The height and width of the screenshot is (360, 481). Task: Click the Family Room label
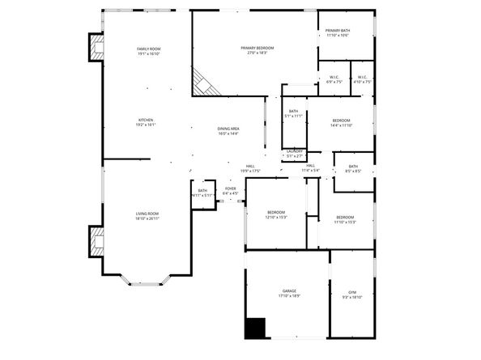[148, 52]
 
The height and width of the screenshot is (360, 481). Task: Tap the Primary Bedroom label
[257, 50]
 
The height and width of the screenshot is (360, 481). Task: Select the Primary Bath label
[338, 32]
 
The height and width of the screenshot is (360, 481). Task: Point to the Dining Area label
[228, 131]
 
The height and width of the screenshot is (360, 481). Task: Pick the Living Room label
[147, 215]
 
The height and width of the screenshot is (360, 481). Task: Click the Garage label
[289, 293]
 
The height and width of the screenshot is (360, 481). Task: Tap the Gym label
[352, 294]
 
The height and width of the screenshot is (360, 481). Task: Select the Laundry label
[295, 153]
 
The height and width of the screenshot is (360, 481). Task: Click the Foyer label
[230, 190]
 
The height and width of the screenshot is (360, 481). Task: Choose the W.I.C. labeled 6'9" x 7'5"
[335, 79]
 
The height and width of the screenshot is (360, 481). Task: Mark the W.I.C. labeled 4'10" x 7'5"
[363, 79]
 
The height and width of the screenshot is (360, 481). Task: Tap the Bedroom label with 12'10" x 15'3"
[277, 214]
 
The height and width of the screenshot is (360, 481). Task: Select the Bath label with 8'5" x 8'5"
[353, 168]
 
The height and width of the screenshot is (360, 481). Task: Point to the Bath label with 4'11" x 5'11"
[202, 193]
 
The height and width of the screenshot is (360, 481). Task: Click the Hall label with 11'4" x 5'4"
[311, 168]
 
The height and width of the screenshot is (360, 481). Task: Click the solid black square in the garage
[255, 328]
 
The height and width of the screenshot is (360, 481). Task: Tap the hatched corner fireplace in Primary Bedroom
[202, 81]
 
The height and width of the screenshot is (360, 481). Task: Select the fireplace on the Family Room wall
[96, 47]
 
